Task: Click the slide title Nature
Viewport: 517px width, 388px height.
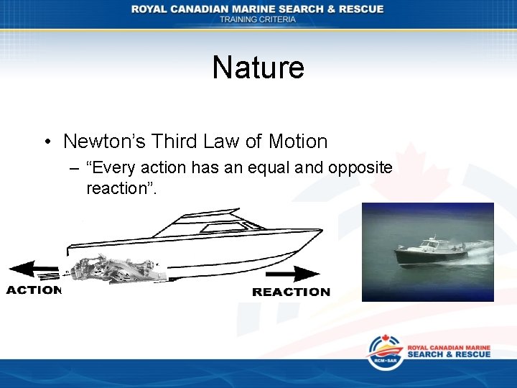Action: (258, 68)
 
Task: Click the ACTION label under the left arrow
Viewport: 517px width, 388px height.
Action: (34, 290)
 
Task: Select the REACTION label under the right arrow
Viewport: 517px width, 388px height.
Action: (291, 292)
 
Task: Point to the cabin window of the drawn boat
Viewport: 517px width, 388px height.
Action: (215, 228)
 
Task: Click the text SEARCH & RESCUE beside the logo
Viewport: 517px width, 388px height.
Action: (449, 354)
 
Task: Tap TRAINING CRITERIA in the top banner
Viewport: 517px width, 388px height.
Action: (258, 19)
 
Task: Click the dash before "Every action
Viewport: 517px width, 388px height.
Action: (74, 169)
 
